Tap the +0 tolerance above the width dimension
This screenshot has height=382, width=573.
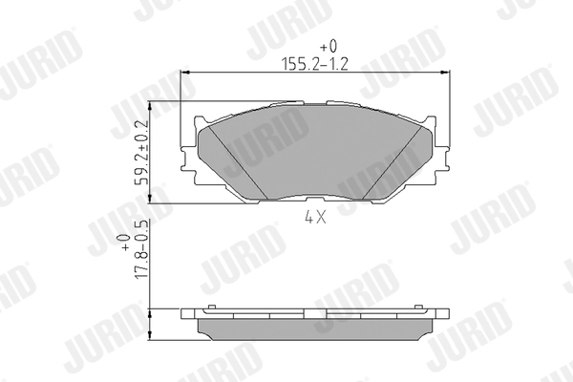pos(329,45)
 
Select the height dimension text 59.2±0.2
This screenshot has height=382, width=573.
pos(141,153)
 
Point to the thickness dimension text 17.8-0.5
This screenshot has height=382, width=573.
pos(141,264)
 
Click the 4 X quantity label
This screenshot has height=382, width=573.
pos(315,217)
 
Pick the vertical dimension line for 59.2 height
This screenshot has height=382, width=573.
pos(153,153)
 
